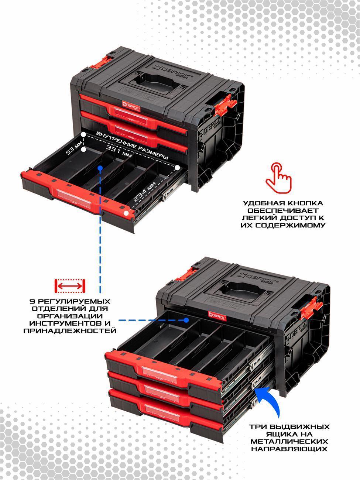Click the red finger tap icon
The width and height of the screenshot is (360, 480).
point(278,178)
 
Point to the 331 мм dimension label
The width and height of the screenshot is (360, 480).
point(119,151)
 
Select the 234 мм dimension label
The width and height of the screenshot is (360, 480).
point(145,192)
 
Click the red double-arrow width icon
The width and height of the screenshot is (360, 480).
point(70,286)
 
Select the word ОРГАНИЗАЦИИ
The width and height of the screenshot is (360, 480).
point(70,316)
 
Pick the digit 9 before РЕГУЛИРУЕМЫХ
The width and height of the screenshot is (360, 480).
point(32,302)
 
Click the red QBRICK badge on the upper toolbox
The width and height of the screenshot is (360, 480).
point(131,106)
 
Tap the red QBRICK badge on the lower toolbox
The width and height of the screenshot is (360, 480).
point(217,316)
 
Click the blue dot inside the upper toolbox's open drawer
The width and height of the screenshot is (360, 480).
point(100,168)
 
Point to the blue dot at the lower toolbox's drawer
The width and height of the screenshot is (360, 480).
point(186,320)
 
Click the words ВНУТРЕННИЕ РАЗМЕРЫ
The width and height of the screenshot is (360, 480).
point(132,146)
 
